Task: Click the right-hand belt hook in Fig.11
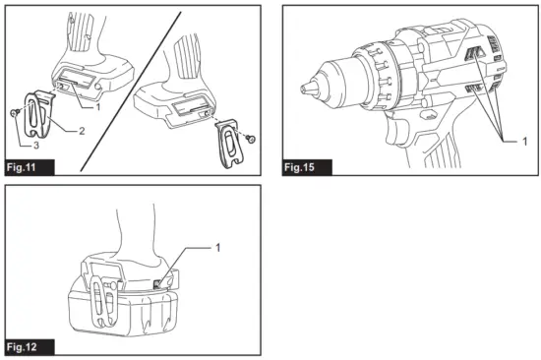(x=231, y=141)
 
